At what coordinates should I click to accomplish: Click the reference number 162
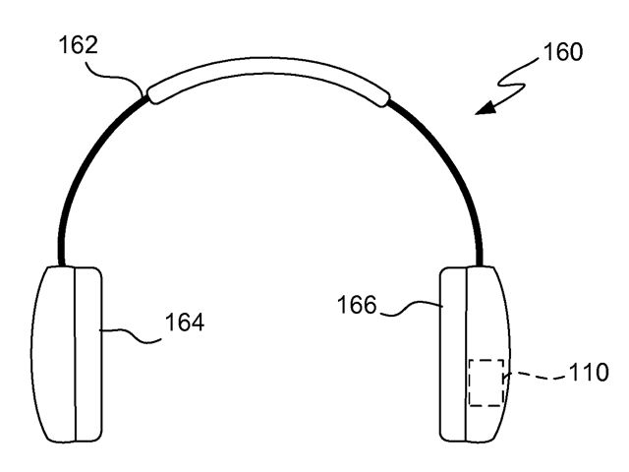click(x=79, y=45)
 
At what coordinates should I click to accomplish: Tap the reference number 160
click(x=563, y=52)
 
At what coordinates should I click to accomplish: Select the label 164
click(x=185, y=322)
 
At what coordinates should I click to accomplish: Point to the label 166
click(x=357, y=305)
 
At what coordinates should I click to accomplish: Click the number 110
click(x=589, y=372)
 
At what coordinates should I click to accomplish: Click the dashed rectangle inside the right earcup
click(x=486, y=360)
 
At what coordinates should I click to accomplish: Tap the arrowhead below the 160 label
click(x=486, y=108)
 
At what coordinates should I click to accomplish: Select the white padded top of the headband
click(x=268, y=67)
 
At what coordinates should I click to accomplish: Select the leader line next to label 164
click(x=131, y=334)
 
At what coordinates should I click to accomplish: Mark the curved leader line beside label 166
click(x=411, y=308)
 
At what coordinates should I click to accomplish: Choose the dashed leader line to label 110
click(x=536, y=376)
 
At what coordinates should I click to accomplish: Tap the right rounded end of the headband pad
click(x=384, y=98)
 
